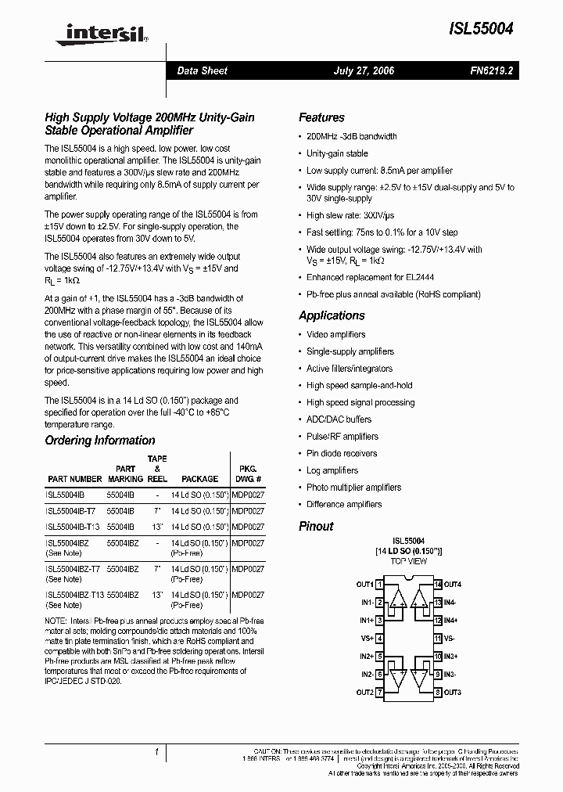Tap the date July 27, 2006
click(x=364, y=70)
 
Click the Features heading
click(x=321, y=117)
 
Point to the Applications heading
click(x=332, y=315)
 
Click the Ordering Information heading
click(x=100, y=441)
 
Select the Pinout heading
click(x=316, y=526)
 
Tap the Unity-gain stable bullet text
click(x=337, y=153)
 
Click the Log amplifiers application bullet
click(x=332, y=470)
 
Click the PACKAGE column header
click(x=199, y=478)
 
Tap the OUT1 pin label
click(x=364, y=585)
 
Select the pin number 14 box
click(x=438, y=585)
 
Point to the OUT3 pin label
click(x=454, y=693)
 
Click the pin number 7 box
click(x=379, y=693)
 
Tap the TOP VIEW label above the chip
click(x=409, y=562)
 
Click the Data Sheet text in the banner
click(x=202, y=70)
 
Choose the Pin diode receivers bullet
click(x=342, y=454)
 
